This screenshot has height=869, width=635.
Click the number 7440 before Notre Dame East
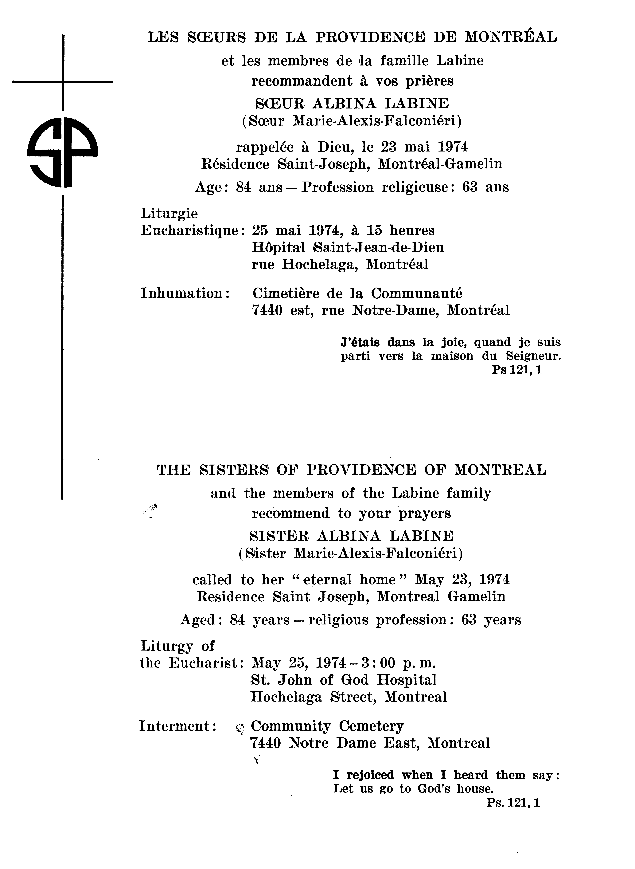[x=266, y=743]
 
